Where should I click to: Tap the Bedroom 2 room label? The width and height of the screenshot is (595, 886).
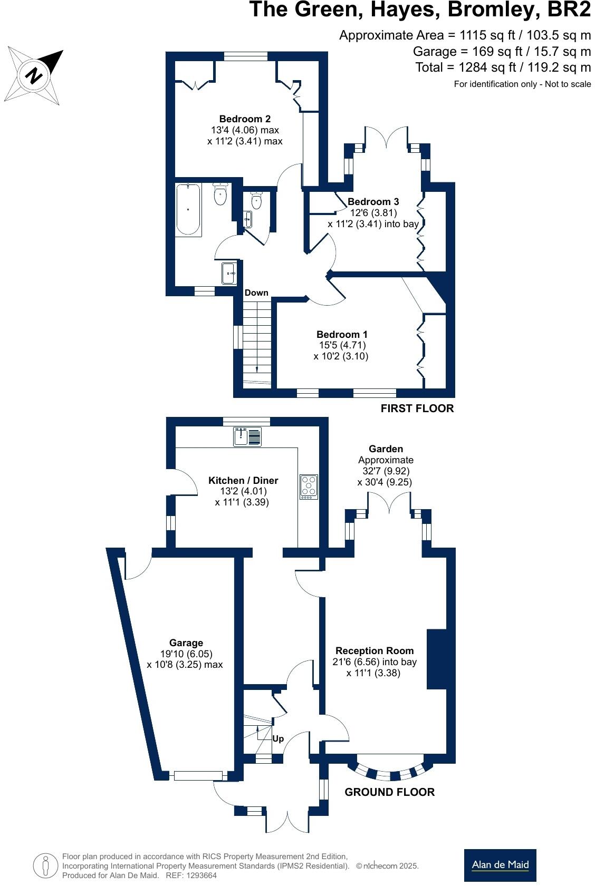click(245, 119)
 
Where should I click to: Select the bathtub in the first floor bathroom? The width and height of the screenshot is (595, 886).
click(188, 209)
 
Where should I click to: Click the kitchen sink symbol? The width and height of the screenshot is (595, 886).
click(247, 437)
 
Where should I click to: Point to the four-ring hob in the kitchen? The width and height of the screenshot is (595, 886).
click(309, 486)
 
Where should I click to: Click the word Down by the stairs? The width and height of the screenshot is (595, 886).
click(256, 293)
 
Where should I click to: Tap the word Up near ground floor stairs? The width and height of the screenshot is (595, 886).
click(278, 738)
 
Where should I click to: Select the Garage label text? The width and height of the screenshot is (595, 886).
click(186, 642)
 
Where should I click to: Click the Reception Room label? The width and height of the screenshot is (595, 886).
click(375, 650)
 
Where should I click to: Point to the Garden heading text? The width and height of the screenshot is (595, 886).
click(386, 449)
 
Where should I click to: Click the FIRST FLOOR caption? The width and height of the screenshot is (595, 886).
click(417, 408)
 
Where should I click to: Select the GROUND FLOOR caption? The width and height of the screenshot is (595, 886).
click(389, 792)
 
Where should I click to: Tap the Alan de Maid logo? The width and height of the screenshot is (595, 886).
click(500, 864)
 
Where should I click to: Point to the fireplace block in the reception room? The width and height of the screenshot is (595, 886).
click(436, 659)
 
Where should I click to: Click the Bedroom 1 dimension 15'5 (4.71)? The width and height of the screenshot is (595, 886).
click(342, 345)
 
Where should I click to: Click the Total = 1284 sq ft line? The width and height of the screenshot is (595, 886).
click(503, 67)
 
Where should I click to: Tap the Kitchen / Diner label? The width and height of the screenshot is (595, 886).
click(243, 480)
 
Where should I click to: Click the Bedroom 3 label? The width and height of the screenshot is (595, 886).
click(373, 201)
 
